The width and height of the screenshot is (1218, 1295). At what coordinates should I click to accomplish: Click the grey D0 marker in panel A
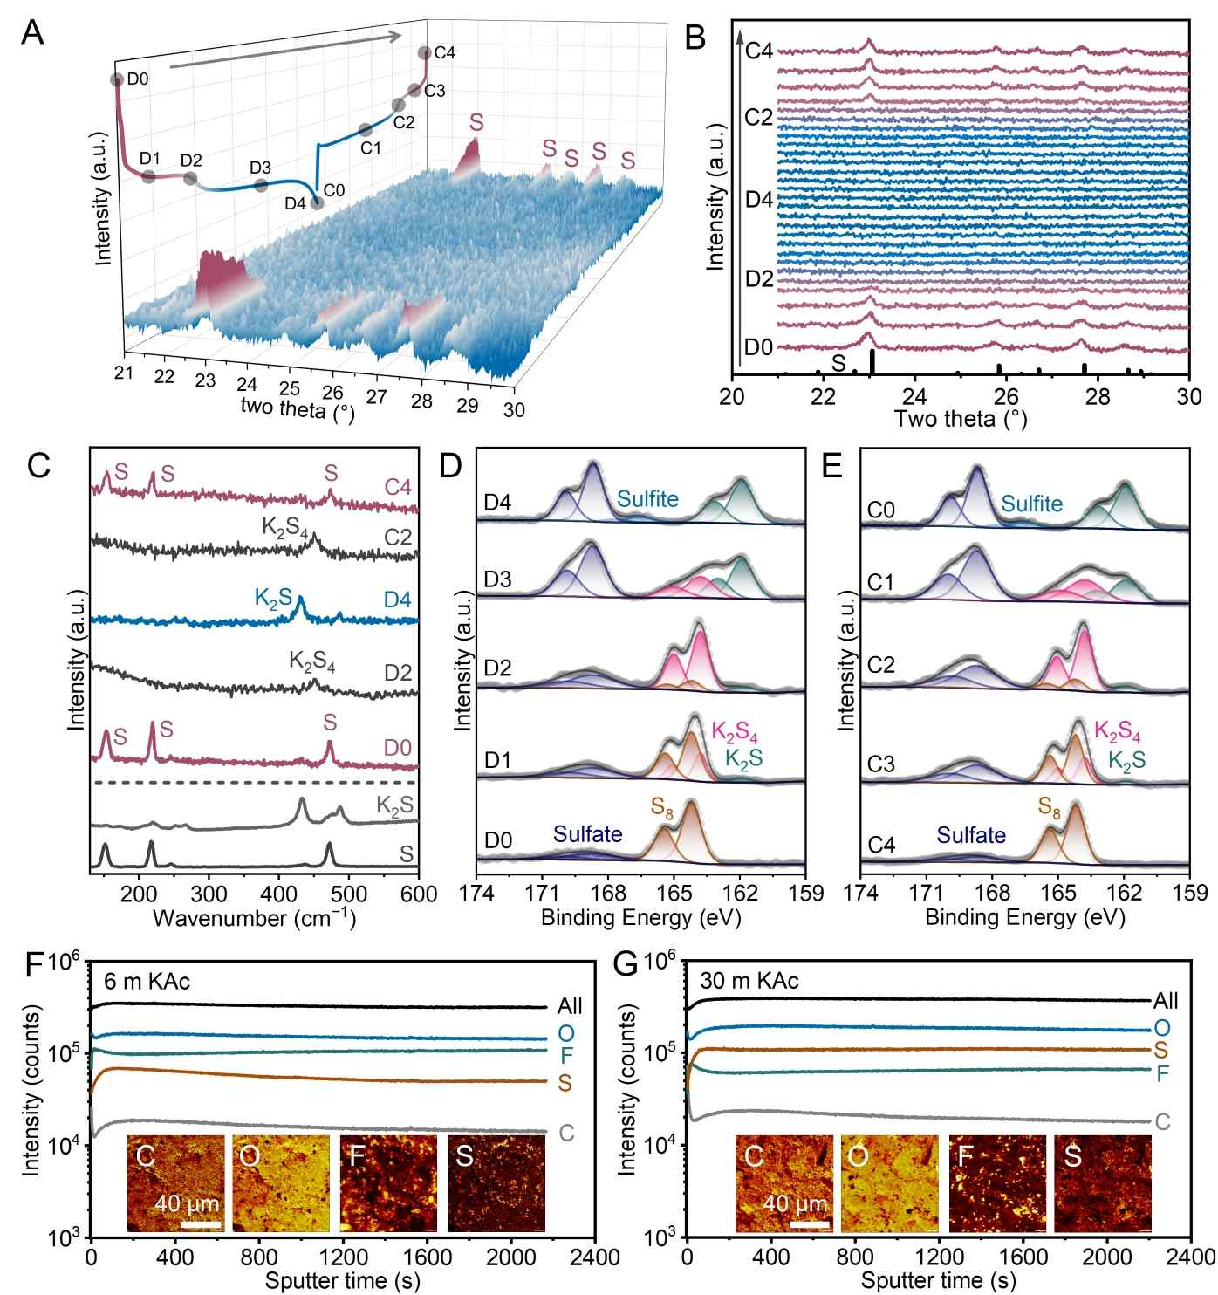pos(117,79)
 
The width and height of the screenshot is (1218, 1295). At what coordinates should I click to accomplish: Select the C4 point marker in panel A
pos(425,52)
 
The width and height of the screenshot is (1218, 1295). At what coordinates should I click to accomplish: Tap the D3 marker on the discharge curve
pos(260,185)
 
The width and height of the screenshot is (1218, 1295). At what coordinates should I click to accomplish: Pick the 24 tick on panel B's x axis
pos(914,395)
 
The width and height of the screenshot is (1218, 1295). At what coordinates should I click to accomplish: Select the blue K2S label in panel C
pos(273,598)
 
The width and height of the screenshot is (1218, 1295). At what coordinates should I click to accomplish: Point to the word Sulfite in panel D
pos(647,499)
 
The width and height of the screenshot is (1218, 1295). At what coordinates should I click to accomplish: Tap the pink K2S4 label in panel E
pos(1118,730)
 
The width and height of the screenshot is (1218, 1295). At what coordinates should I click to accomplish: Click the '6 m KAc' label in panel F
pos(147,981)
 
